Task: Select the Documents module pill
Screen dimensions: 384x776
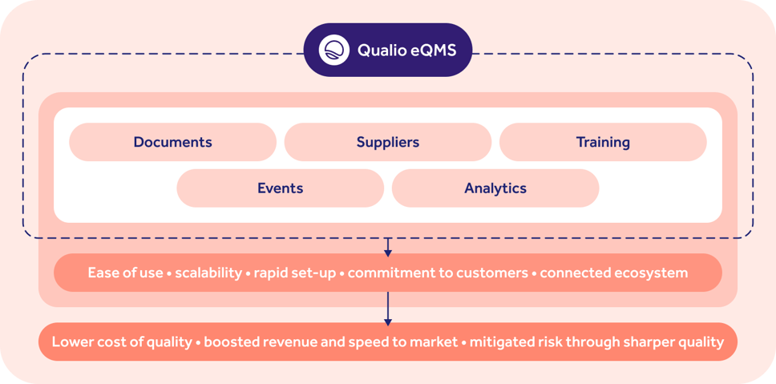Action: point(172,142)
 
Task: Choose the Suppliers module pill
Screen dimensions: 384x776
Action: point(388,142)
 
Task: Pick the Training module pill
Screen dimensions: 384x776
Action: point(603,142)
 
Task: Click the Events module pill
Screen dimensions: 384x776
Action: point(280,188)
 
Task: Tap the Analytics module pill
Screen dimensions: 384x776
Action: point(495,188)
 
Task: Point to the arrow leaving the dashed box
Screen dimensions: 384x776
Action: point(388,247)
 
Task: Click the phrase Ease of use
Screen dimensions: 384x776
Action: point(123,273)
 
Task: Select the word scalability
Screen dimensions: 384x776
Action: point(208,273)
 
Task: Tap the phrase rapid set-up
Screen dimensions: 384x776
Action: point(296,273)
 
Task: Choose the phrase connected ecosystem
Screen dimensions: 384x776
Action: point(613,273)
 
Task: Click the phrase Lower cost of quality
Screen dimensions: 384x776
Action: point(122,342)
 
